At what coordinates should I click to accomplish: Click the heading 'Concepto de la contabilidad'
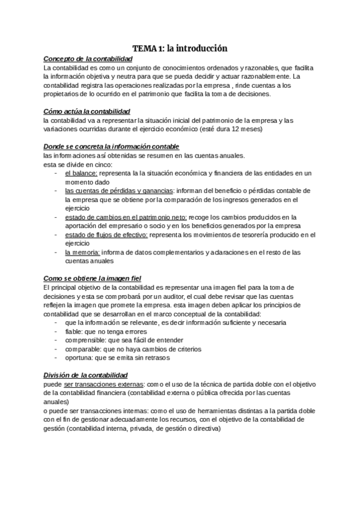pyautogui.click(x=88, y=59)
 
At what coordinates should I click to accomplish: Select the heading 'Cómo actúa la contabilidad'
pyautogui.click(x=87, y=112)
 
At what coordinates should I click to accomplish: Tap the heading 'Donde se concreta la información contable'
pyautogui.click(x=111, y=147)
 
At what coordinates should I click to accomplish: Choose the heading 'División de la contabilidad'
pyautogui.click(x=85, y=374)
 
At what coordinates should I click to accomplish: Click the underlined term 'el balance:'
pyautogui.click(x=81, y=173)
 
